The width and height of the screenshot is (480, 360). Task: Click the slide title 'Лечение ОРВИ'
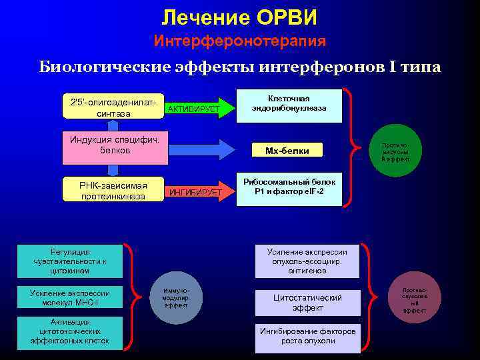239,17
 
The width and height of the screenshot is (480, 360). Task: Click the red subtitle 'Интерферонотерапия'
240,41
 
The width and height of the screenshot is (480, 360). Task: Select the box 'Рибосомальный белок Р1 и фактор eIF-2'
289,187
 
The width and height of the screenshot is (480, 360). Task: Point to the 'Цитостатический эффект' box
307,303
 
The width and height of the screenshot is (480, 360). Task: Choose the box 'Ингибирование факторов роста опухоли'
307,336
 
